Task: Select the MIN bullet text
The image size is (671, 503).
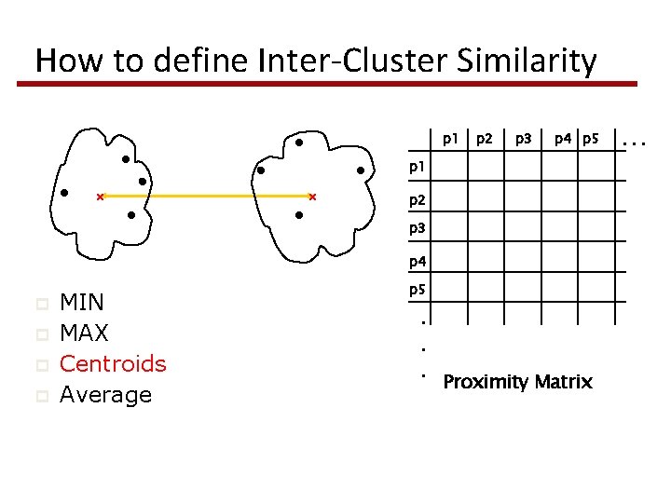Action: [x=82, y=302]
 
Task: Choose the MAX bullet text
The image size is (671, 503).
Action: [x=84, y=333]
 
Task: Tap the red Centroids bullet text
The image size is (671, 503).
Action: [x=113, y=363]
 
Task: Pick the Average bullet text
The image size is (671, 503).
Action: [x=105, y=395]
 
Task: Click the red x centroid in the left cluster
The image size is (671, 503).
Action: [x=101, y=197]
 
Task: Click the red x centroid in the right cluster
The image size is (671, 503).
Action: [x=312, y=197]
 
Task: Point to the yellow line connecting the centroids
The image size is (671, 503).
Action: [x=205, y=197]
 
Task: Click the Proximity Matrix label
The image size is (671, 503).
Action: [x=517, y=382]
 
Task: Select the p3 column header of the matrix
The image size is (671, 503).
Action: [x=524, y=140]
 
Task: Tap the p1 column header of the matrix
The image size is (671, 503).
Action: [x=450, y=140]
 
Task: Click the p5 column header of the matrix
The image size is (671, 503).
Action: [x=589, y=140]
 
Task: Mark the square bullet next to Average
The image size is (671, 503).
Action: [x=40, y=396]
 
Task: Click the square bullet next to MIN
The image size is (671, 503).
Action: [x=40, y=303]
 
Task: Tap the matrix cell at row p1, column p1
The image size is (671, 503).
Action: [x=449, y=168]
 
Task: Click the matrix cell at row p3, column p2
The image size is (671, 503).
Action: [x=485, y=229]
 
